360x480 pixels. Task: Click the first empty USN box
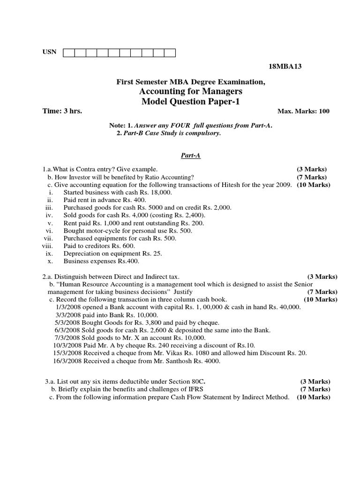click(x=68, y=52)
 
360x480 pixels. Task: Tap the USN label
click(x=49, y=52)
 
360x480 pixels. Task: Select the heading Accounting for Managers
click(x=190, y=91)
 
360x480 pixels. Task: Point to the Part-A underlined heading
click(x=191, y=155)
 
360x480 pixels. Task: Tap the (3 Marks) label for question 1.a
click(x=311, y=169)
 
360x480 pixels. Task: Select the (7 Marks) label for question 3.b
click(x=315, y=389)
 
